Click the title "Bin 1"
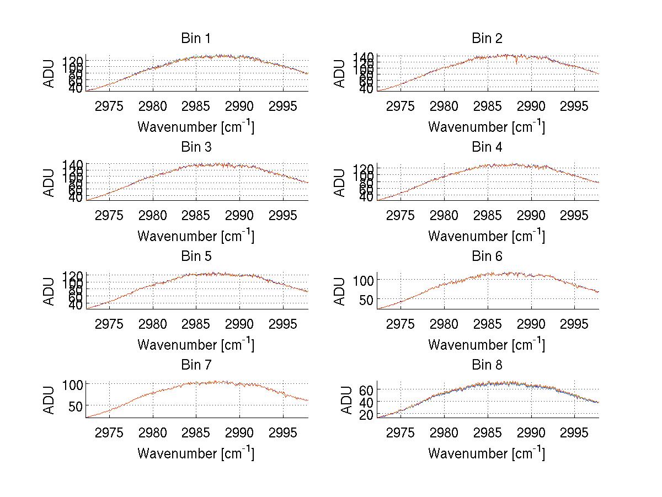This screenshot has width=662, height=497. pos(195,39)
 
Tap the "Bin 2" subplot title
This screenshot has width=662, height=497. pos(487,39)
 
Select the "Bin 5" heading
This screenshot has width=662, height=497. pos(195,256)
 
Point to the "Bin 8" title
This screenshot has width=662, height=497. pos(487,365)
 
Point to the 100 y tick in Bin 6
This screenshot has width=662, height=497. pos(364,280)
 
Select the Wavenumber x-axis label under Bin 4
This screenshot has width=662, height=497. pos(487,236)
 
